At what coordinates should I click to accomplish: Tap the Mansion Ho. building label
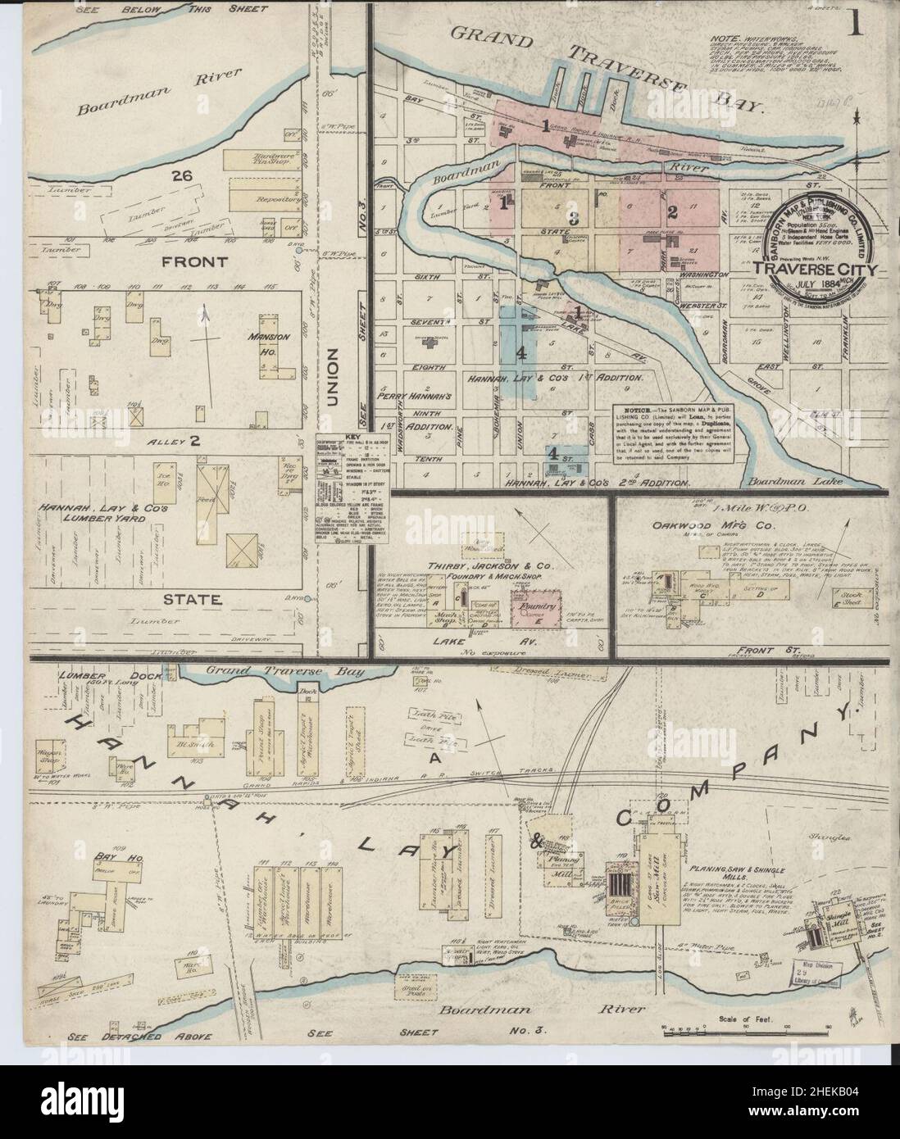[274, 342]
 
